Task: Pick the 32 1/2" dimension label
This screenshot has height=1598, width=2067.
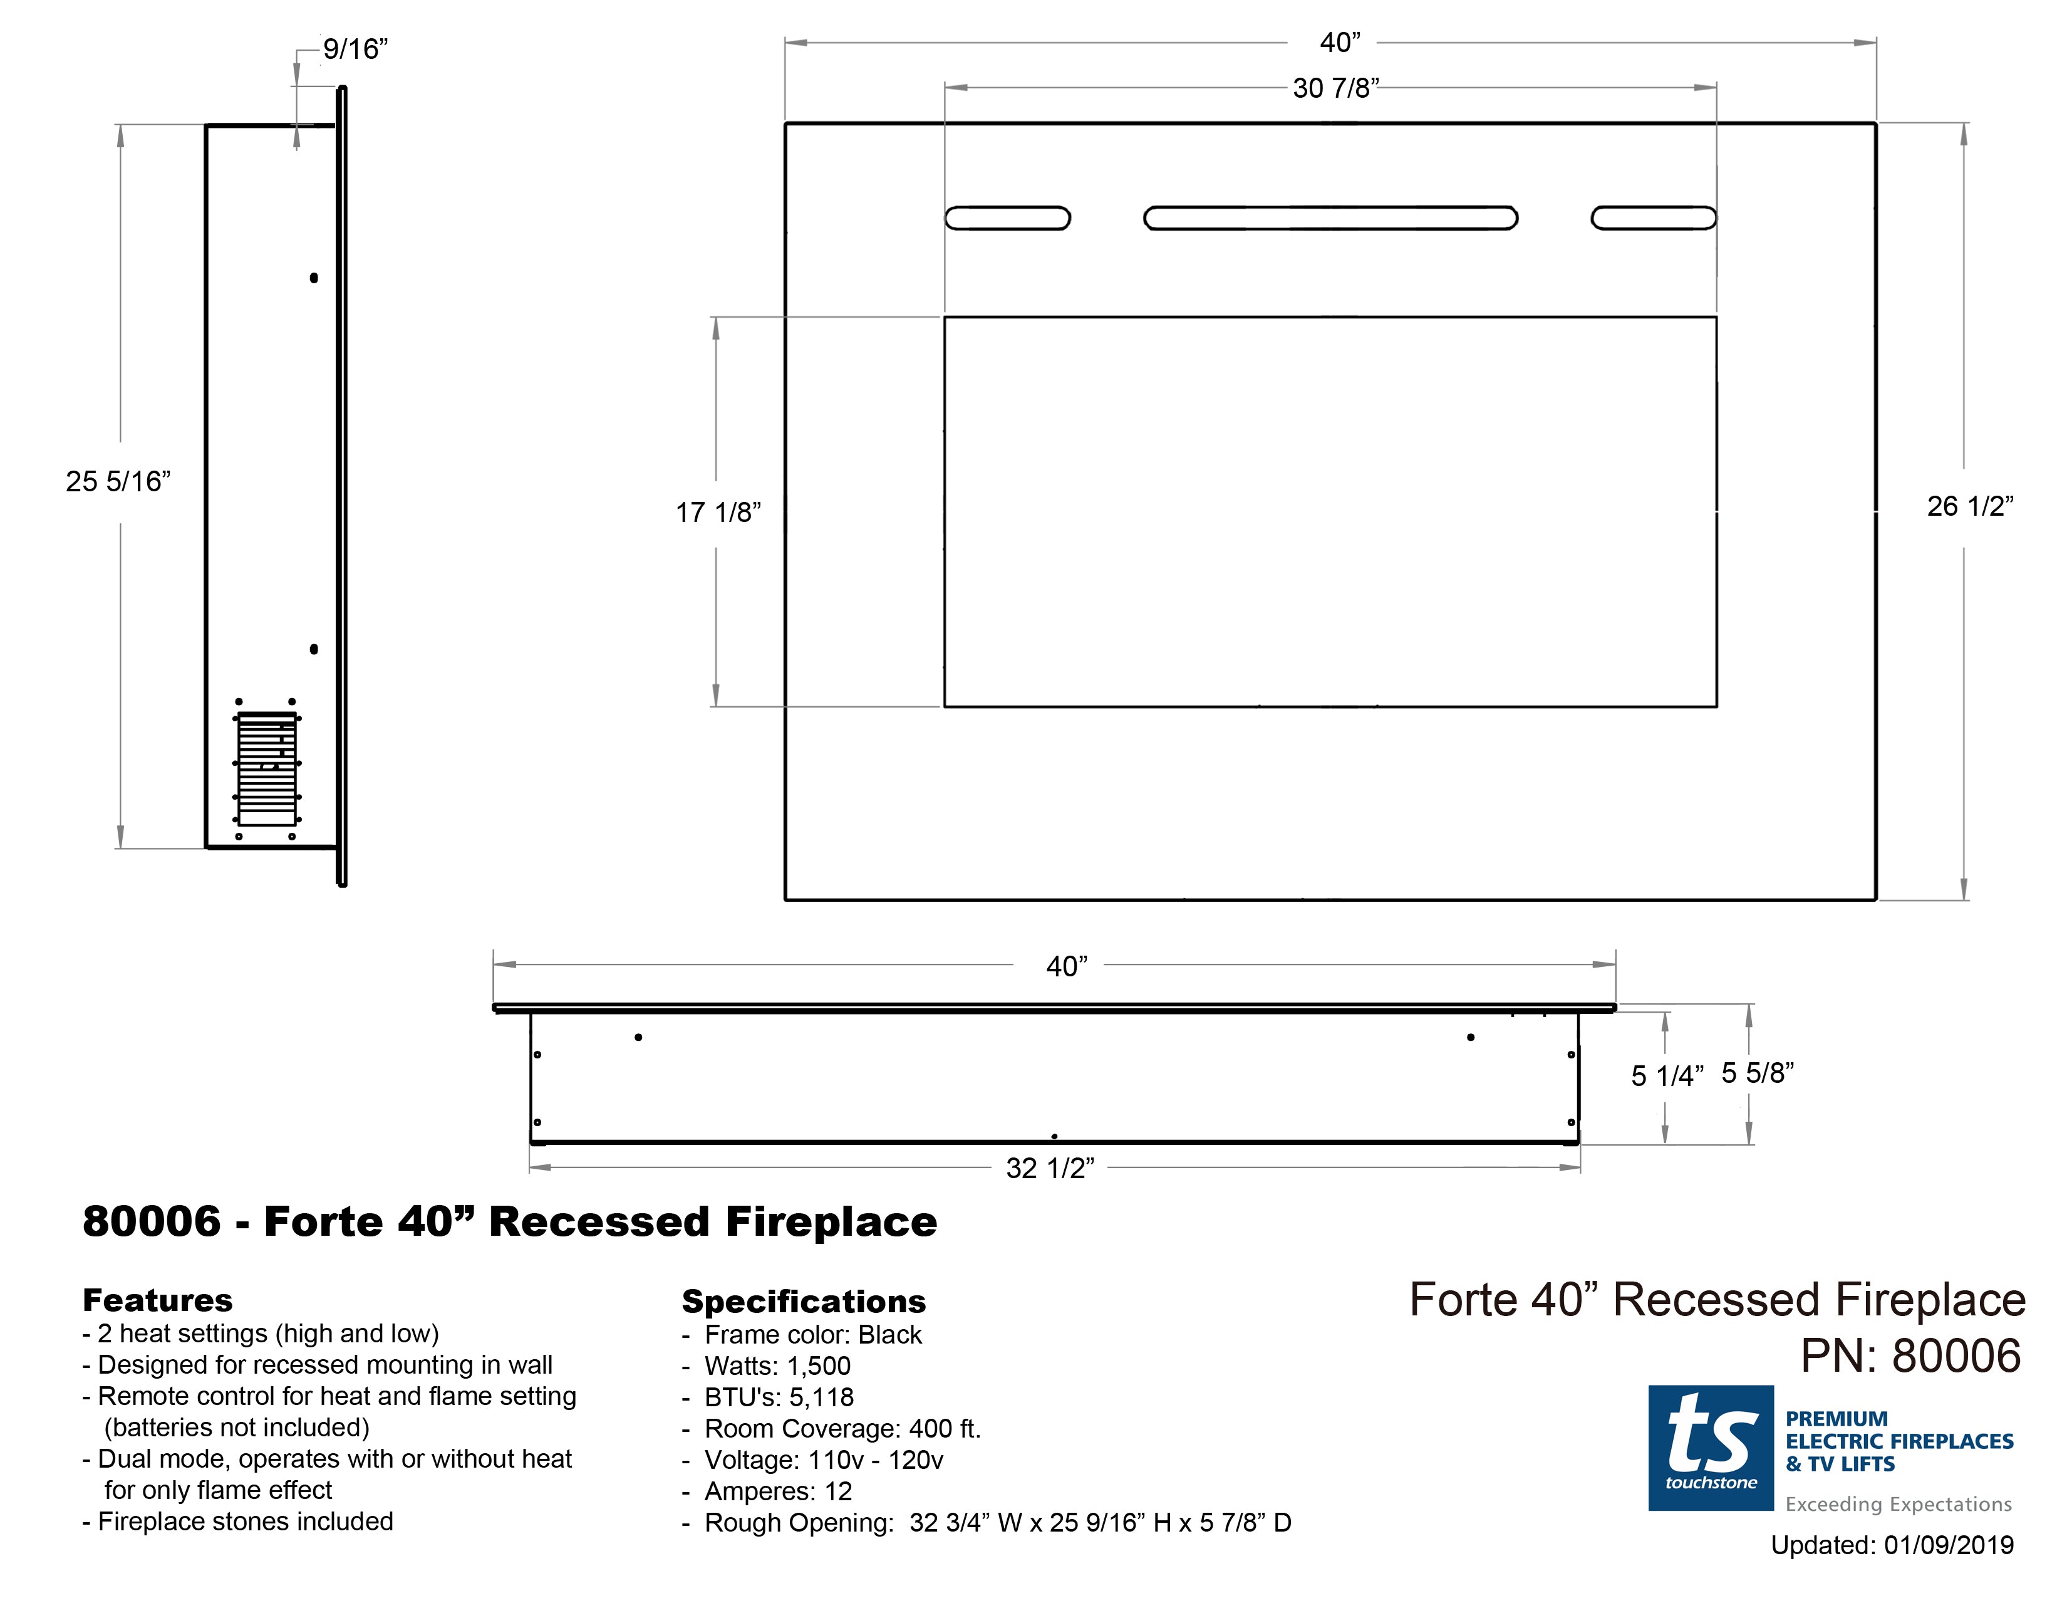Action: point(1050,1168)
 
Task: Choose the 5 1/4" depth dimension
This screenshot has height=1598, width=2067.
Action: point(1667,1075)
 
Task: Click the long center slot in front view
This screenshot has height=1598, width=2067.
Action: point(1330,217)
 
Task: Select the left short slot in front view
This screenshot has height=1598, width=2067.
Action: point(1008,217)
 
